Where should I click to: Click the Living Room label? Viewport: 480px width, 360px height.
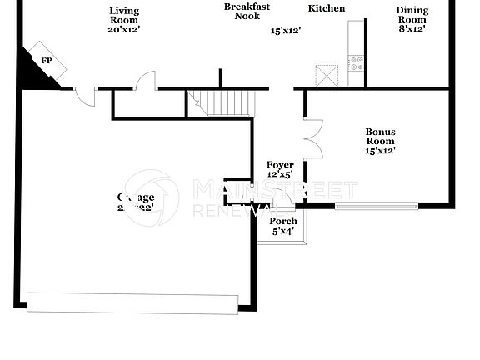click(124, 11)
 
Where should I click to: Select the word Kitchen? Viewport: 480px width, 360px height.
click(327, 9)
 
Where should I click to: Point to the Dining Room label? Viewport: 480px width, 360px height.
click(412, 15)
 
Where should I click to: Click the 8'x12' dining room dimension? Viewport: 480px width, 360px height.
click(412, 29)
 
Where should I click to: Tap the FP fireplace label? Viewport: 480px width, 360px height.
click(47, 60)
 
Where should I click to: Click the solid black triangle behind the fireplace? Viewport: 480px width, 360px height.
click(32, 77)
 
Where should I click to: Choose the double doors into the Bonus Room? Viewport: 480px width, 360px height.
click(312, 138)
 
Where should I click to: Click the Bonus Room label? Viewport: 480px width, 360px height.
click(380, 137)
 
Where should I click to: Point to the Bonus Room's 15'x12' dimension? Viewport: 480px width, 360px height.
click(380, 151)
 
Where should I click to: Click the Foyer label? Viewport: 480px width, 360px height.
click(280, 165)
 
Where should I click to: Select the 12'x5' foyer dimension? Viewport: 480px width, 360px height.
click(280, 175)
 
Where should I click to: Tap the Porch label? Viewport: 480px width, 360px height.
click(283, 221)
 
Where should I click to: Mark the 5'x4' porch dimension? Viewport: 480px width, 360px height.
click(283, 231)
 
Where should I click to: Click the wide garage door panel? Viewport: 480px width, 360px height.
click(133, 302)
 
